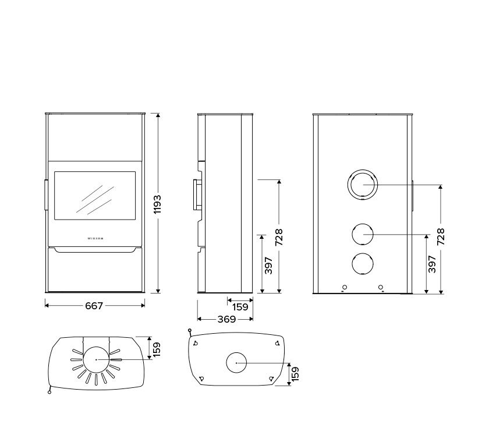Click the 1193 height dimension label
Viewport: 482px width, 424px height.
pyautogui.click(x=158, y=204)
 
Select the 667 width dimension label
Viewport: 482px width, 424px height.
pyautogui.click(x=94, y=305)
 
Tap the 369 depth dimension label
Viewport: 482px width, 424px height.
pyautogui.click(x=226, y=319)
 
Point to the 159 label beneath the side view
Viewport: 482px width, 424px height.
pyautogui.click(x=240, y=307)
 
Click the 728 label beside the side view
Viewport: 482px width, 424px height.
pyautogui.click(x=279, y=236)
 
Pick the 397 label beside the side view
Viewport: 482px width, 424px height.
pyautogui.click(x=268, y=265)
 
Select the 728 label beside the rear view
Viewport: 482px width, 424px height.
pyautogui.click(x=441, y=237)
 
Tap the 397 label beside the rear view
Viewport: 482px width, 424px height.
pyautogui.click(x=431, y=265)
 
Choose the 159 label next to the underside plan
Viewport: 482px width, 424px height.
pyautogui.click(x=295, y=373)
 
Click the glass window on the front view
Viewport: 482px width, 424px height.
pyautogui.click(x=95, y=195)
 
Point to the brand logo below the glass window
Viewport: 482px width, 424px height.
pyautogui.click(x=95, y=238)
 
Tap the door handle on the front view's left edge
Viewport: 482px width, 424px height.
pyautogui.click(x=45, y=195)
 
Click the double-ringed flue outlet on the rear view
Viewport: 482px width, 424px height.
pyautogui.click(x=362, y=185)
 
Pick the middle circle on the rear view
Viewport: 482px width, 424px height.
pyautogui.click(x=362, y=234)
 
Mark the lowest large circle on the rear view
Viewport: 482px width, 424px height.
pyautogui.click(x=362, y=264)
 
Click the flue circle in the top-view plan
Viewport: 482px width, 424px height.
pyautogui.click(x=96, y=359)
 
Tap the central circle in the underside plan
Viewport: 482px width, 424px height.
pyautogui.click(x=236, y=363)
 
